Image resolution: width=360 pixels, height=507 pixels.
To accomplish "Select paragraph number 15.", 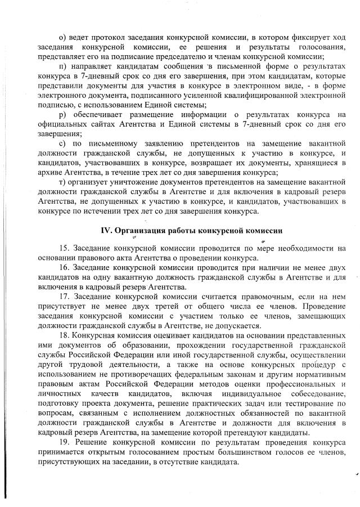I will click(63, 248).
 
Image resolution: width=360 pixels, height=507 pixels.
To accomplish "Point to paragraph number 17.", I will click(63, 297).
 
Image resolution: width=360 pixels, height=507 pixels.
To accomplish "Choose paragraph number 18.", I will click(63, 335).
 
